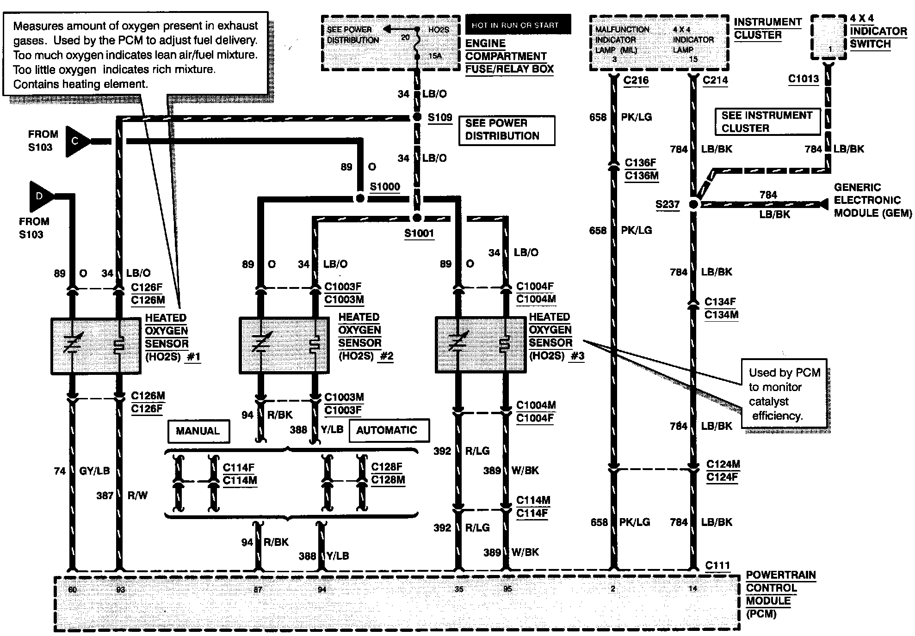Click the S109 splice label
[x=439, y=117]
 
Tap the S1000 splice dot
[x=360, y=198]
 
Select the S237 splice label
[x=668, y=204]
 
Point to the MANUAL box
[x=198, y=431]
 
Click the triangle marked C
[x=77, y=141]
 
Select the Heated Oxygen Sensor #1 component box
[x=96, y=346]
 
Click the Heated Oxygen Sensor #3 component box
[x=481, y=344]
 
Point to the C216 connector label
[x=636, y=80]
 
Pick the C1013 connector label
[x=803, y=79]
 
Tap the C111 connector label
[x=717, y=565]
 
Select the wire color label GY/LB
[x=94, y=471]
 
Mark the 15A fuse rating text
[x=435, y=56]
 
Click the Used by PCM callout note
[x=784, y=394]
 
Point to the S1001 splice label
[x=419, y=233]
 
